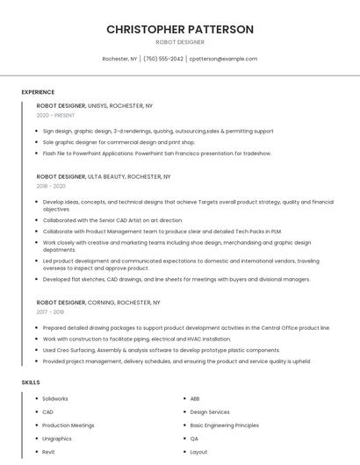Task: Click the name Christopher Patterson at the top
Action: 180,29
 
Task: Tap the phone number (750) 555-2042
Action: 163,59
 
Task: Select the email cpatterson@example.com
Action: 223,59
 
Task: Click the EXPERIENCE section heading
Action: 38,92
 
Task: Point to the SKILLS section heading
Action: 31,383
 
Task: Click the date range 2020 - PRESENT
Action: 55,115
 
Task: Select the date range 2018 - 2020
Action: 51,186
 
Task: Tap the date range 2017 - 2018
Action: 50,311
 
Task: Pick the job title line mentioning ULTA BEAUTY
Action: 99,176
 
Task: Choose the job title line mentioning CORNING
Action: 98,302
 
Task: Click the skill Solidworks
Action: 55,399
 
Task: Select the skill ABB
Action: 195,399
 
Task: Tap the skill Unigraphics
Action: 57,439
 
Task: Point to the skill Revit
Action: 48,452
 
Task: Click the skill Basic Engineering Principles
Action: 225,426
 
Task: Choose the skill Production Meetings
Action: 68,426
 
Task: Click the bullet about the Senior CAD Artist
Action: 112,220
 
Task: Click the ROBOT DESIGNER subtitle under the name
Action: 180,42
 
